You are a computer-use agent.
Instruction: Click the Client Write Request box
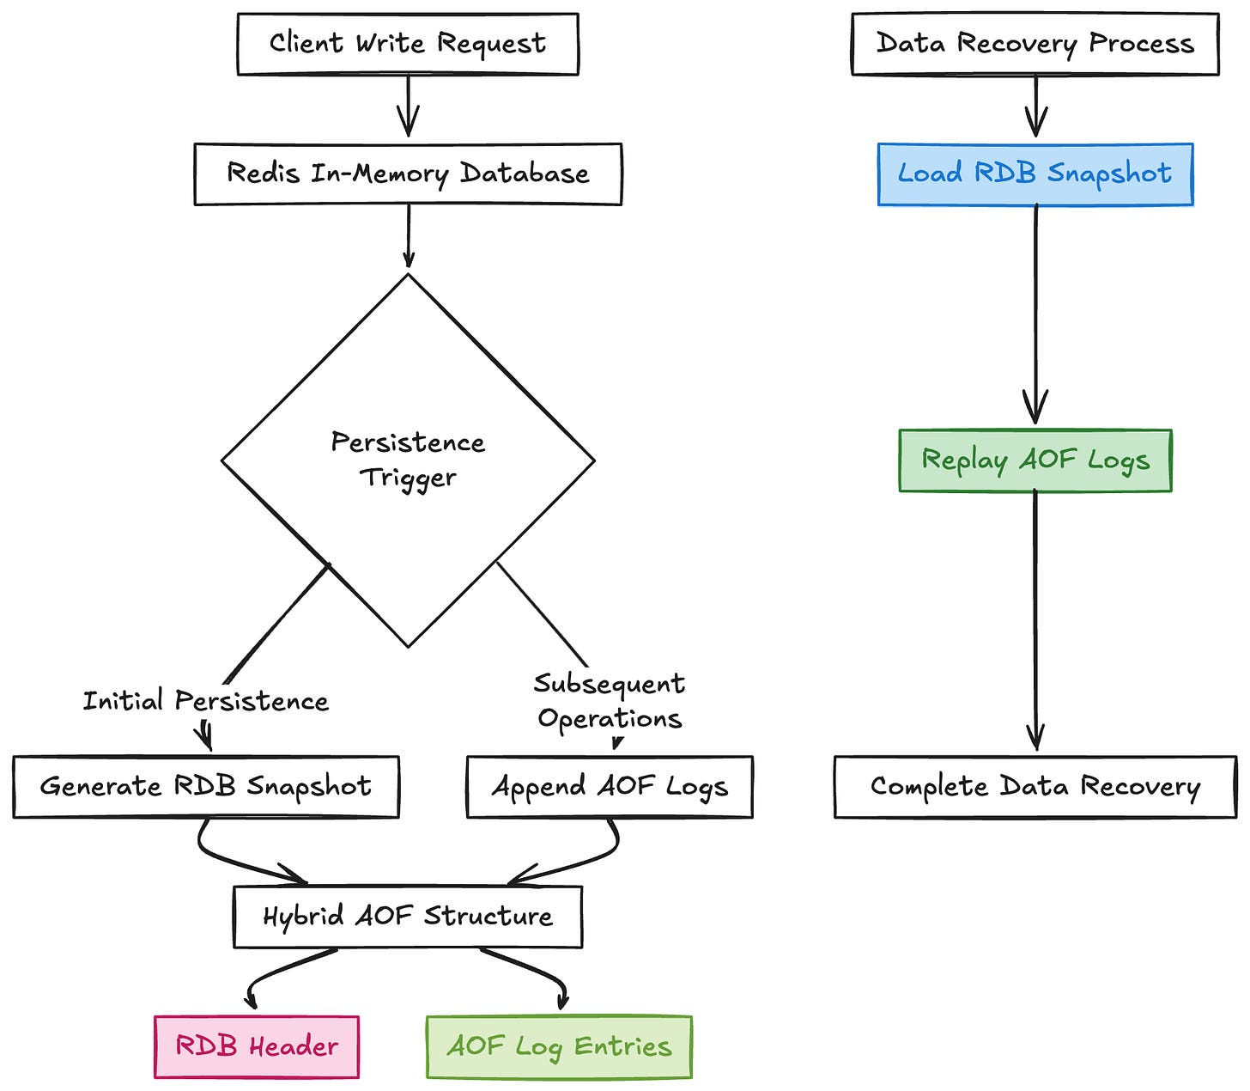coord(408,44)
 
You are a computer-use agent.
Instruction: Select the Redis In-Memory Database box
coord(408,174)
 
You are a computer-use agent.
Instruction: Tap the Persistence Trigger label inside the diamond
coord(408,460)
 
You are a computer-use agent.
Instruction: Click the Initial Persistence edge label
coord(205,701)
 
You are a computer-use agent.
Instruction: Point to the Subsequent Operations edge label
coord(610,701)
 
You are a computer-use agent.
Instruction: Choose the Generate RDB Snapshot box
coord(206,787)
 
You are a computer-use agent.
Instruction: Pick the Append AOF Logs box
coord(610,787)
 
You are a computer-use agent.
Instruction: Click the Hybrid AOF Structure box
coord(408,917)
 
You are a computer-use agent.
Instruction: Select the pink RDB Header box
coord(257,1046)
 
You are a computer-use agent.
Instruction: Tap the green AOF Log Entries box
coord(559,1046)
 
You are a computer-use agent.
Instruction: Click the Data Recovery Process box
coord(1035,44)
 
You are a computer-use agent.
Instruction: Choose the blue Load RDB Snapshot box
coord(1035,174)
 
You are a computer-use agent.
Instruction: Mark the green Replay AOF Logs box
coord(1035,460)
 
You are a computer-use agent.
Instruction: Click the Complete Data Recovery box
coord(1035,787)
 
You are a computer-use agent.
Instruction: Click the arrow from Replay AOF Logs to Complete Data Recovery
coord(1035,619)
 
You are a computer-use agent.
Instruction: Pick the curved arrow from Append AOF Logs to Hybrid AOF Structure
coord(592,859)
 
